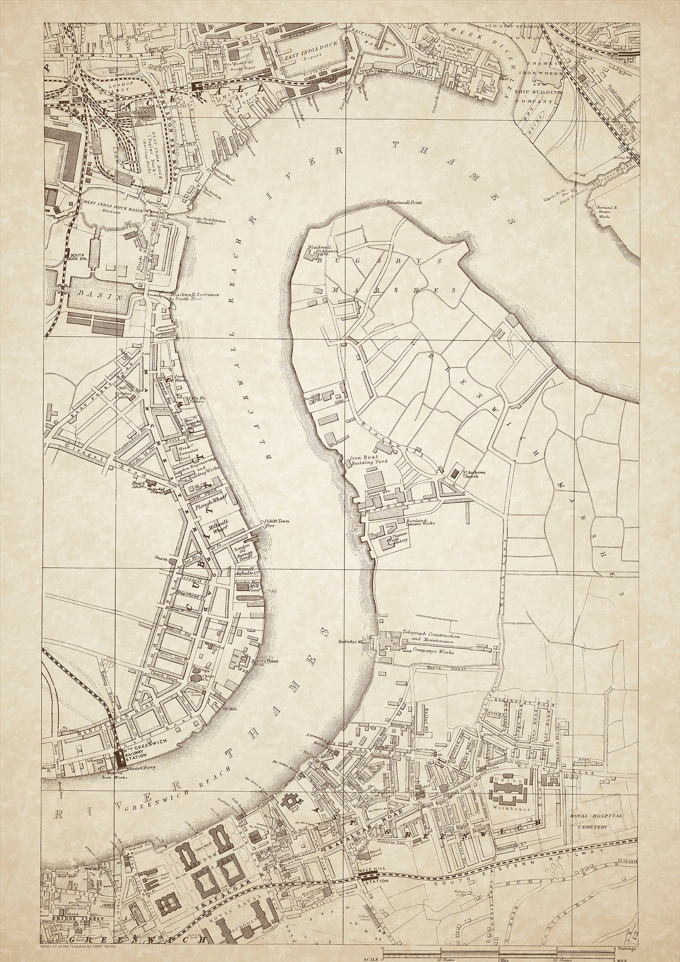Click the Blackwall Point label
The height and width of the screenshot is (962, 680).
pyautogui.click(x=404, y=202)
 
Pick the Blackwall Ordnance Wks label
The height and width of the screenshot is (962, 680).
pyautogui.click(x=325, y=250)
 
